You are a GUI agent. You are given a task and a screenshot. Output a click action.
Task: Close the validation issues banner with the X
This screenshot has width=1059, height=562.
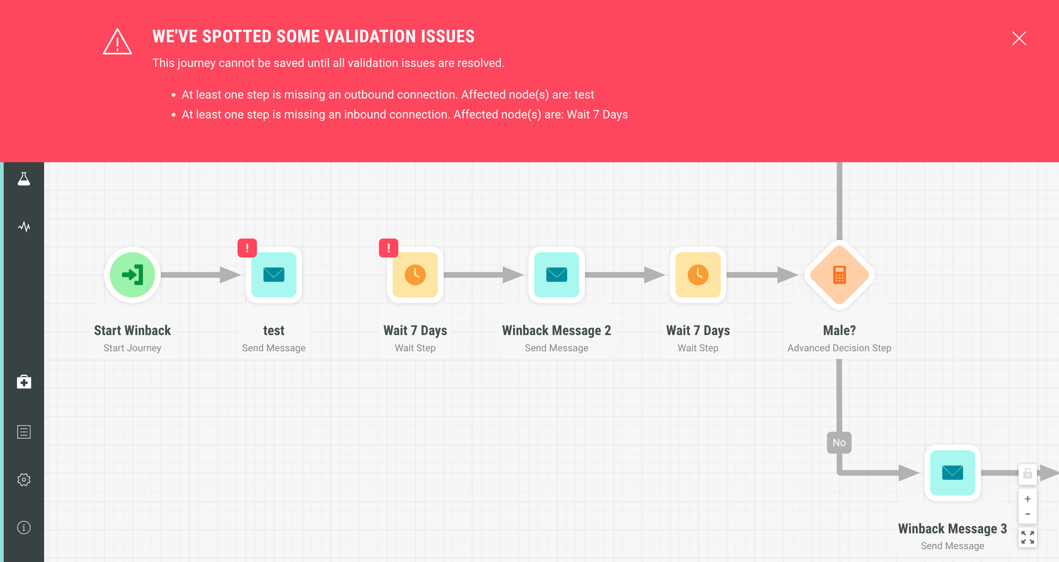1019,38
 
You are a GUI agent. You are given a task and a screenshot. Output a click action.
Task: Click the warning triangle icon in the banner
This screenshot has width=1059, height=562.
117,42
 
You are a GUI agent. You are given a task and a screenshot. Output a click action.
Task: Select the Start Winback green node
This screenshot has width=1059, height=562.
132,275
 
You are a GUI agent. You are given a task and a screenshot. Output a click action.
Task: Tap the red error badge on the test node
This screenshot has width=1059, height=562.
247,248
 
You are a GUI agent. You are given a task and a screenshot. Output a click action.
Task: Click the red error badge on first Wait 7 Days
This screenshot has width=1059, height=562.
389,248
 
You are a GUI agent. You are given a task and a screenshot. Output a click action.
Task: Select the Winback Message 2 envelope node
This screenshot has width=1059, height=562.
557,275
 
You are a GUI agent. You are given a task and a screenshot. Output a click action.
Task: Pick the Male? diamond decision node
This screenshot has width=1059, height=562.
839,275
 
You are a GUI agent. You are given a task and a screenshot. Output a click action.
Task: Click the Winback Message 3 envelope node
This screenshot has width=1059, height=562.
952,473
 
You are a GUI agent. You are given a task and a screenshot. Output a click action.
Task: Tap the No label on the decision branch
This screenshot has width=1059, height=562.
839,442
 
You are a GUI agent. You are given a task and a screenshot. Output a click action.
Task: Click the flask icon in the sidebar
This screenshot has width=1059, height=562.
24,179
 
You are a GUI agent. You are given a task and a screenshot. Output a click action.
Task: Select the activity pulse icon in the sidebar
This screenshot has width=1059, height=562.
24,227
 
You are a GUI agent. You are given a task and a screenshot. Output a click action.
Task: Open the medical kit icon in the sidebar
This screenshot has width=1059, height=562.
24,381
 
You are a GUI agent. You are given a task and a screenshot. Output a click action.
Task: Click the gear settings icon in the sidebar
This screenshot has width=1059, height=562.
24,479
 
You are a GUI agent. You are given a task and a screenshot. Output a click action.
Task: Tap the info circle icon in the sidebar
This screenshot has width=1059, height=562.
24,527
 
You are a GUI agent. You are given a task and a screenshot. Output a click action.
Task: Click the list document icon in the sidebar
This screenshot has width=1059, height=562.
24,432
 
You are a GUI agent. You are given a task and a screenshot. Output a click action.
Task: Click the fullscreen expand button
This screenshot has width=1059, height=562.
1027,537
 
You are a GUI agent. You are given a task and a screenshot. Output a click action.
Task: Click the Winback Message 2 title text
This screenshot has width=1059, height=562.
556,331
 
